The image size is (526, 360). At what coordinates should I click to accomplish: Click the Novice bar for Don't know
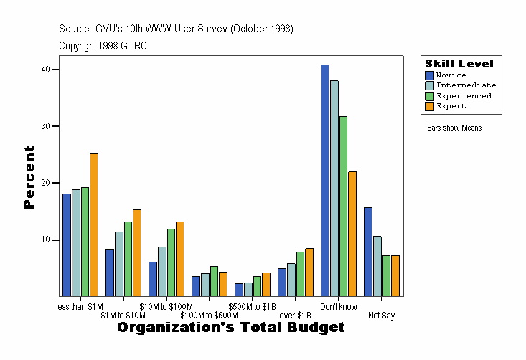tap(325, 180)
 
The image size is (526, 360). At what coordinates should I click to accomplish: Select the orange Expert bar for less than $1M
tap(94, 224)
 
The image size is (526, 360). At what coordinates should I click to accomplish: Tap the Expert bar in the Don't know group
tap(352, 234)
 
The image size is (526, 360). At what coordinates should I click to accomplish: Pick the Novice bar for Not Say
tap(368, 252)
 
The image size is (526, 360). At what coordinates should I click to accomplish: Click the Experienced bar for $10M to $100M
tap(171, 262)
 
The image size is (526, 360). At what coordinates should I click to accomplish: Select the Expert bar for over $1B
tap(309, 272)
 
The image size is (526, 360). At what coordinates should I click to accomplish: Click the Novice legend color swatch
tap(430, 75)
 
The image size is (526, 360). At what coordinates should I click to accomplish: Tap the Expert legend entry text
tap(451, 106)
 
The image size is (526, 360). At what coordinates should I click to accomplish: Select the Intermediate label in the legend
tap(466, 85)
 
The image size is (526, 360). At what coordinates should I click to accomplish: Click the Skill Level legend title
tap(459, 64)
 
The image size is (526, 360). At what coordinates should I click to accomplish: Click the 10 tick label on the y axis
tap(46, 240)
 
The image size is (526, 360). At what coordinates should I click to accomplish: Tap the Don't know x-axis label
tap(339, 307)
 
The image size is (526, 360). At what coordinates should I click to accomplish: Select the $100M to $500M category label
tap(209, 316)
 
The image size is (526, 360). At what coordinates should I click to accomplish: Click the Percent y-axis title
tap(29, 177)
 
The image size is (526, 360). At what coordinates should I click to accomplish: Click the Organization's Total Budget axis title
tap(230, 328)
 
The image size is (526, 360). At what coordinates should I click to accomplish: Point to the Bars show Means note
tap(454, 128)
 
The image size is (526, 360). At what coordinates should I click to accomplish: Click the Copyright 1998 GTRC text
tap(103, 46)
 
